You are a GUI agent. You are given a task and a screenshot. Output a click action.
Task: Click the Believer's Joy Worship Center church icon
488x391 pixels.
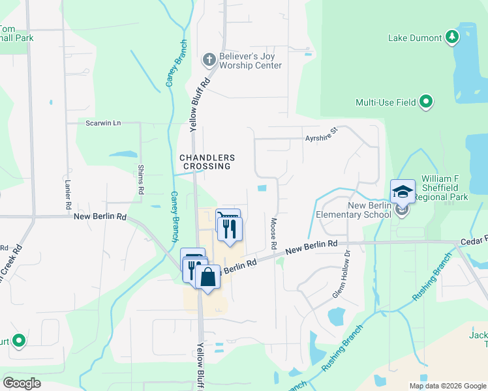point(209,60)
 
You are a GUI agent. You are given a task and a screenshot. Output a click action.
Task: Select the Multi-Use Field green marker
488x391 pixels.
point(426,102)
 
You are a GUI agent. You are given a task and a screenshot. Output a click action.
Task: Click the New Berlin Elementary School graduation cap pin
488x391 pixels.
point(403,192)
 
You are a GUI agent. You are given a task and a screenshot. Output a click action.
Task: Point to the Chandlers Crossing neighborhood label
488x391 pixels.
point(207,162)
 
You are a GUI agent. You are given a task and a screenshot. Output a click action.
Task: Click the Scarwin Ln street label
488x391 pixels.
point(103,123)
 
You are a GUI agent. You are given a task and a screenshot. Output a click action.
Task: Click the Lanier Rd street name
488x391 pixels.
point(68,194)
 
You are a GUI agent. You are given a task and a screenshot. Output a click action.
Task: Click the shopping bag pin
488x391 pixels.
point(207,277)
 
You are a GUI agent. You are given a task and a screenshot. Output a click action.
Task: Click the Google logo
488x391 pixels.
point(22,383)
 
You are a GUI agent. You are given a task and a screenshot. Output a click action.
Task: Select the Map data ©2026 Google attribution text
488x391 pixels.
point(447,386)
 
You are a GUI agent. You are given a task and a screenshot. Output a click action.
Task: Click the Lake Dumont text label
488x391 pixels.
point(415,38)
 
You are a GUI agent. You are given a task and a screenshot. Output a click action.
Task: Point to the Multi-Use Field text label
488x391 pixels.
point(386,102)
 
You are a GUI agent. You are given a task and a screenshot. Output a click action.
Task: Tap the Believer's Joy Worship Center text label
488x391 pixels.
point(250,61)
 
